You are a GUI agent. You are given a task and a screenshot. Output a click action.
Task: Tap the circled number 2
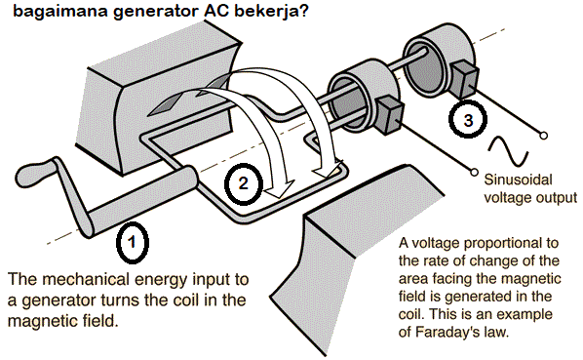pos(244,181)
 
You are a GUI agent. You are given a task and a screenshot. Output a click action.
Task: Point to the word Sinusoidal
pos(517,180)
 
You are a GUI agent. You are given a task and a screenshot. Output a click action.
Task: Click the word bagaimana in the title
pos(42,14)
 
